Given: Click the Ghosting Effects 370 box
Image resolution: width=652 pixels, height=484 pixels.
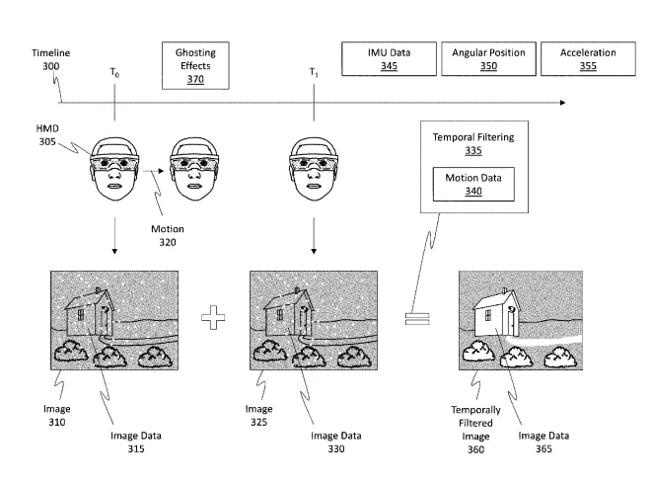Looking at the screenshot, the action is click(x=195, y=65).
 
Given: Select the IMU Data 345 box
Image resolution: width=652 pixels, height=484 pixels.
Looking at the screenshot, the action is click(x=390, y=58).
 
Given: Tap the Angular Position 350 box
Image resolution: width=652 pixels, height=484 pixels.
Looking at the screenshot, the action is click(x=488, y=58).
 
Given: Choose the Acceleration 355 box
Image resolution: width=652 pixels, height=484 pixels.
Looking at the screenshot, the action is click(x=588, y=58).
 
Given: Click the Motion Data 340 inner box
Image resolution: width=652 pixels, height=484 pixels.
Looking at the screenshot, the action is click(x=473, y=184).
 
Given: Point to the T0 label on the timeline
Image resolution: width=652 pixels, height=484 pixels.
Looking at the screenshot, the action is click(x=114, y=73).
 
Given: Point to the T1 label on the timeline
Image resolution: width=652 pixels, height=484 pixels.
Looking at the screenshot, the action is click(x=314, y=73).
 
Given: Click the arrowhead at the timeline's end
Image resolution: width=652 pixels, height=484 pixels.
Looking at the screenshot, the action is click(x=562, y=103).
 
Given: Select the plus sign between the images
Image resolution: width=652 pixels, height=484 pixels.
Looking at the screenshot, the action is click(x=213, y=318).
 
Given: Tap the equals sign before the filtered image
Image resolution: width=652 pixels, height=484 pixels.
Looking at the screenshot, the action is click(x=417, y=319).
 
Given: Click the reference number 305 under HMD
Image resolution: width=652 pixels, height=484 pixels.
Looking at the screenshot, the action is click(x=47, y=141).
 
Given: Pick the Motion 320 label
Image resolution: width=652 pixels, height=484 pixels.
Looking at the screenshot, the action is click(x=168, y=235).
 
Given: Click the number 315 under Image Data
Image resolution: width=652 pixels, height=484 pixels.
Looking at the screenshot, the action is click(x=136, y=448).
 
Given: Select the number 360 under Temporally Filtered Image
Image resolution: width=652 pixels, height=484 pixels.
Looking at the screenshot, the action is click(x=475, y=449).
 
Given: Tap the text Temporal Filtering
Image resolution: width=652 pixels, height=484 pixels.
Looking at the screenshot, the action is click(x=473, y=137).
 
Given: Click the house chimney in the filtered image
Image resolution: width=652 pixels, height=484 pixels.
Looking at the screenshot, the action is click(x=505, y=290).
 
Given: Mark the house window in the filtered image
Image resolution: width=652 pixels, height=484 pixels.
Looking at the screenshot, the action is click(x=487, y=314).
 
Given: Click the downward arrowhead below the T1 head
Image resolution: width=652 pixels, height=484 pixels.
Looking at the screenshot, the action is click(x=314, y=251).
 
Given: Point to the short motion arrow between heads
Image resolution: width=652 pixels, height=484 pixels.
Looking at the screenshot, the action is click(x=154, y=171).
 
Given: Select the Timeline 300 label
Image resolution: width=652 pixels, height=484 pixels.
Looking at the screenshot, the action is click(x=51, y=59).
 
